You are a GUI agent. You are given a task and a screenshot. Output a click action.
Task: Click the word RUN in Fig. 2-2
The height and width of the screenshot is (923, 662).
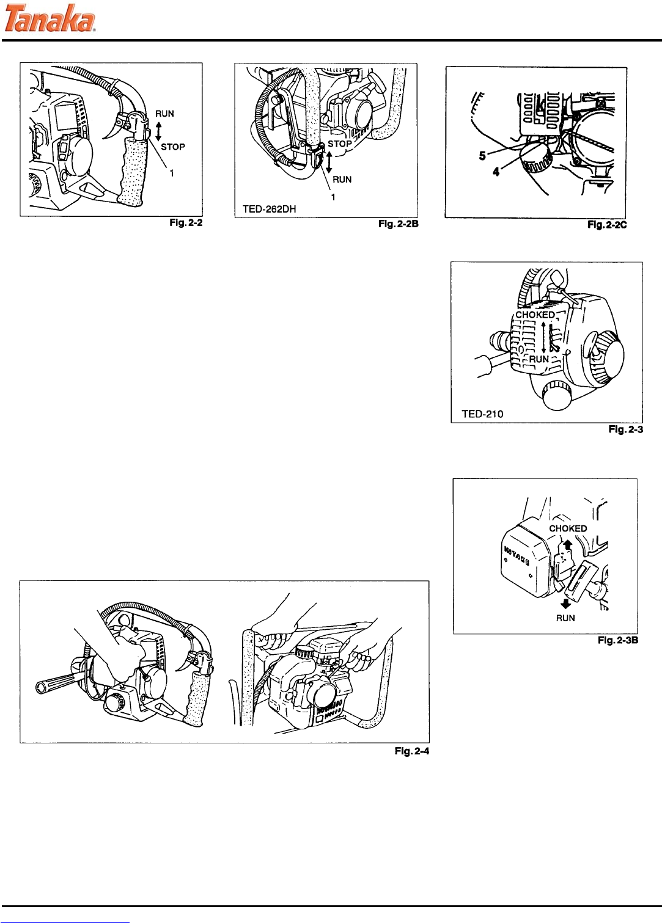pos(164,114)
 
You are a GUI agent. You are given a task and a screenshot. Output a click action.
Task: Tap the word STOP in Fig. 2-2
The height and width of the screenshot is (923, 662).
pos(172,147)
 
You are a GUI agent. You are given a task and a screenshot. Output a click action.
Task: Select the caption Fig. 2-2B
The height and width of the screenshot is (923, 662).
pos(398,225)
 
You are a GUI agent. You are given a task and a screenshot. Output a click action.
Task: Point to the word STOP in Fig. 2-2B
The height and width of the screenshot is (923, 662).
pos(340,144)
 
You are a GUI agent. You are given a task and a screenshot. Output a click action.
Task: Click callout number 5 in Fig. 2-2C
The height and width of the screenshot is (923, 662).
pos(482,156)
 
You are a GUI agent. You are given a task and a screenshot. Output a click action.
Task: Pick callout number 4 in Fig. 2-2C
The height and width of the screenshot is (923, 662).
pos(496,172)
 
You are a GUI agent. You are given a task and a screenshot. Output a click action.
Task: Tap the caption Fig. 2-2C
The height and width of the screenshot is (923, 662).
pos(607,225)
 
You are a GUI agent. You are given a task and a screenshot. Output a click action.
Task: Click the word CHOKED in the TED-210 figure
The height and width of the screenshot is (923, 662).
pos(535,315)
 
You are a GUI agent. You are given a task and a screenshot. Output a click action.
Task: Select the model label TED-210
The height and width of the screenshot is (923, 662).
pos(482,414)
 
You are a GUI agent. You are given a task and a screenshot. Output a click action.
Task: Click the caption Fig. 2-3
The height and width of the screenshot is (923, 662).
pos(625,430)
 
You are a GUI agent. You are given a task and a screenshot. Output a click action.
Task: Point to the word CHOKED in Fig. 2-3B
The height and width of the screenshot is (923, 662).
pos(568,528)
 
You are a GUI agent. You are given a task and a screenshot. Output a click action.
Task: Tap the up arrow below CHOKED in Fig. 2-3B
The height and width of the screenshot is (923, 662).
pos(568,543)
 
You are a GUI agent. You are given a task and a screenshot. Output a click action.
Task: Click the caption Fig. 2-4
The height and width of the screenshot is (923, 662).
pos(412,751)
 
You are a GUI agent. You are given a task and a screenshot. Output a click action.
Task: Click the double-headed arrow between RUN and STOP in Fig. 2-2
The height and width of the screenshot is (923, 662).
pos(158,130)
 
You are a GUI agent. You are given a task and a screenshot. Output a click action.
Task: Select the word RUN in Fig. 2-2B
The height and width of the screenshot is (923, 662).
pos(342,180)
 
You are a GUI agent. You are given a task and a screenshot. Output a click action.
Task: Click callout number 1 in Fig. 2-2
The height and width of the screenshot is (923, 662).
pos(172,173)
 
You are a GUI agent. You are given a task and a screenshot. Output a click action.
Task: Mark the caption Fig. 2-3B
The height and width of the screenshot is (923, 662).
pos(618,641)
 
